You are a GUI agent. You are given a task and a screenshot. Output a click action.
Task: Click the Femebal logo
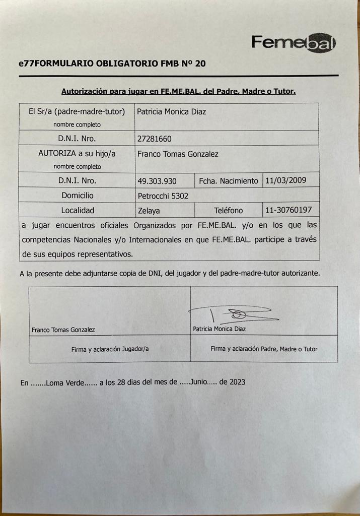(x=294, y=43)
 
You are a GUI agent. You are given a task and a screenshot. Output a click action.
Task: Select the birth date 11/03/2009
(x=285, y=179)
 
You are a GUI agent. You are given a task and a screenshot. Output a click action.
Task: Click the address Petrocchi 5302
(x=163, y=196)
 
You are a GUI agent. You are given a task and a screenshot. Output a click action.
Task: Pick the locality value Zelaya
(x=149, y=211)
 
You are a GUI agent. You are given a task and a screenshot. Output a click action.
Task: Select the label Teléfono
(x=228, y=210)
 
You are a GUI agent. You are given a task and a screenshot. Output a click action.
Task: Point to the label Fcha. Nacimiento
(x=228, y=180)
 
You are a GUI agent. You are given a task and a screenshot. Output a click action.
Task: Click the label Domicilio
(x=78, y=195)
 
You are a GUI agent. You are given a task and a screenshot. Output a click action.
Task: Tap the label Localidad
(x=78, y=210)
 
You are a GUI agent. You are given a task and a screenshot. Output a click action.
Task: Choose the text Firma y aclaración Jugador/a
(x=110, y=349)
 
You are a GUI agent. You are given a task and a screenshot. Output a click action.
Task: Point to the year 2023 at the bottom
(x=237, y=382)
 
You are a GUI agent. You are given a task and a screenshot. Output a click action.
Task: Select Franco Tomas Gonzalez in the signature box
(x=63, y=330)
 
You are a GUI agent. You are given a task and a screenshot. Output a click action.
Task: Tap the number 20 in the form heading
(x=199, y=64)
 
